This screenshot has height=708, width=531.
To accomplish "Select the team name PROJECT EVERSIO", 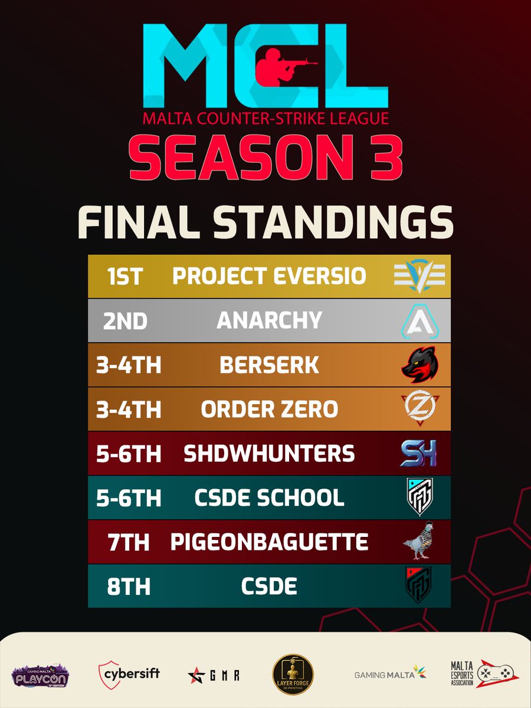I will pos(269,276).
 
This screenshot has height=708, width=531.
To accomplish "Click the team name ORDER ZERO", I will pos(269,409).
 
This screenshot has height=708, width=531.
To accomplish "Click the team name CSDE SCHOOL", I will pos(269,498).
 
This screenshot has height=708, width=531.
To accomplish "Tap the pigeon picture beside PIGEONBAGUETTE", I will pos(417,542).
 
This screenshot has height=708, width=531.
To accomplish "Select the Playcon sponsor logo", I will pos(41,674).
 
